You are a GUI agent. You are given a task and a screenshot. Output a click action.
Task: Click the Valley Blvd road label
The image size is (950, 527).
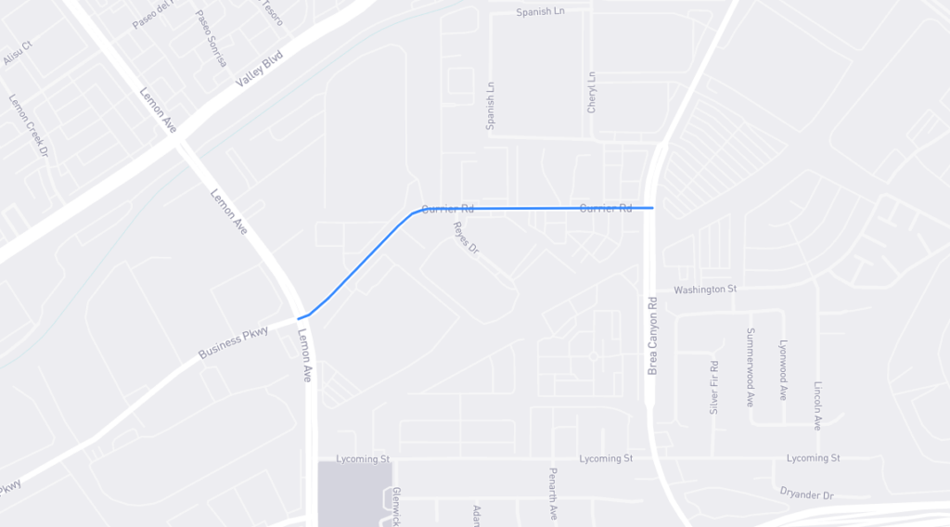[x=258, y=69]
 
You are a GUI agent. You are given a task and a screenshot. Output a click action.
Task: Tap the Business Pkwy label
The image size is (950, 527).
[x=233, y=342]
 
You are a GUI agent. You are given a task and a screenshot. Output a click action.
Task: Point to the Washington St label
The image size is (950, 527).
[x=705, y=289]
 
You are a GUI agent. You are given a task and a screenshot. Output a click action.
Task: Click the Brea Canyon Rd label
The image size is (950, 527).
[x=652, y=335]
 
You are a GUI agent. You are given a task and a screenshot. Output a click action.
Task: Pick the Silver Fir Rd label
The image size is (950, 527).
[x=714, y=387]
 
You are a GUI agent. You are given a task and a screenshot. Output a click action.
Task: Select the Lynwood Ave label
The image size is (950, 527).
[x=783, y=369]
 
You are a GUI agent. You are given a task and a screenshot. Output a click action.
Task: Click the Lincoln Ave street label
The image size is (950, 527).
[x=817, y=405]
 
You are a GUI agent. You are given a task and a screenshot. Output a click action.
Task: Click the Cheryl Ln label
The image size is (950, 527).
[x=592, y=93]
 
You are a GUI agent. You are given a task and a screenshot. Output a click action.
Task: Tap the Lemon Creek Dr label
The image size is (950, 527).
[x=28, y=125]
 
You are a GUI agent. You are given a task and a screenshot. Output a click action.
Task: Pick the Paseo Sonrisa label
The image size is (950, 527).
[x=211, y=39]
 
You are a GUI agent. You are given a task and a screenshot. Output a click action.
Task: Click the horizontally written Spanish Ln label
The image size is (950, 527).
[x=540, y=12]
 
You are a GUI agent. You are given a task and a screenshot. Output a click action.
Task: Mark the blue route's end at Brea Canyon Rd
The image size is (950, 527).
[x=653, y=208]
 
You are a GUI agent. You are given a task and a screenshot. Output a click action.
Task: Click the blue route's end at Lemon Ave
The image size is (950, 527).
[x=299, y=318]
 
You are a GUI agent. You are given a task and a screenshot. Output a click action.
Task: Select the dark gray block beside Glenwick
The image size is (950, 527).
[x=354, y=493]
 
